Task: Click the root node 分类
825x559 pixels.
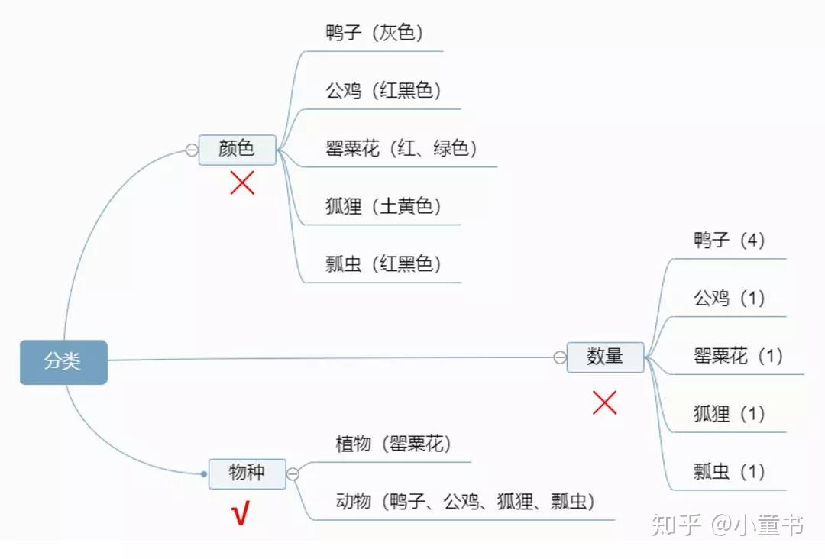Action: click(63, 362)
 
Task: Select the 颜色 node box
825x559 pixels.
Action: click(237, 149)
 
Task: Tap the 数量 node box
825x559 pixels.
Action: click(605, 357)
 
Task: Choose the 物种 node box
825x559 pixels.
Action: click(247, 473)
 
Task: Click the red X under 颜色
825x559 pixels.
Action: click(242, 183)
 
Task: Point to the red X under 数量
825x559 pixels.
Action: click(604, 402)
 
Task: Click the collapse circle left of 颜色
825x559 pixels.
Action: click(192, 150)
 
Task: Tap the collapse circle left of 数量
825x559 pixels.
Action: click(560, 357)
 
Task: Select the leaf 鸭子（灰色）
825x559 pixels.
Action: click(374, 33)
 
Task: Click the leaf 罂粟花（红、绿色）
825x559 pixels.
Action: click(401, 148)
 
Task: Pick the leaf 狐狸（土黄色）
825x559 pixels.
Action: click(383, 206)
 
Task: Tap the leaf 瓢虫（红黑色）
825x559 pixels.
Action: click(383, 264)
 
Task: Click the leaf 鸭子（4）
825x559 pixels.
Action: click(729, 241)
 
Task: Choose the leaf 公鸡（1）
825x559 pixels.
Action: click(729, 299)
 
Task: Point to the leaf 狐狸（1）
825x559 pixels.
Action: click(729, 415)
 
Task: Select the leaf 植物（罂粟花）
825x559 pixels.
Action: click(393, 444)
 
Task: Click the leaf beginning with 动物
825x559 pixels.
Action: click(465, 502)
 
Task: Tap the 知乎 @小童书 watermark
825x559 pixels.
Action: click(726, 525)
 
